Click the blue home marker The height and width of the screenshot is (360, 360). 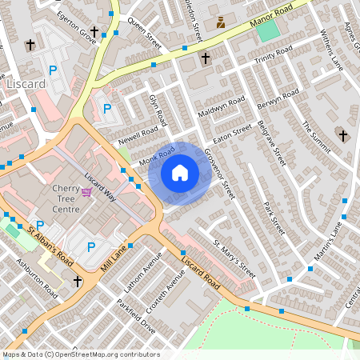click(x=180, y=173)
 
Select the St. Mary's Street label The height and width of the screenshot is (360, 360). click(x=234, y=258)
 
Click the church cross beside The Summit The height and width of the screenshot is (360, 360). click(x=343, y=136)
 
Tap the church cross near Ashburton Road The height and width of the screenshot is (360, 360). click(x=78, y=282)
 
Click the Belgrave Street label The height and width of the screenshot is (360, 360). click(x=272, y=143)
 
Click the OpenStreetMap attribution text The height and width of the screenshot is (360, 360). click(x=80, y=354)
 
